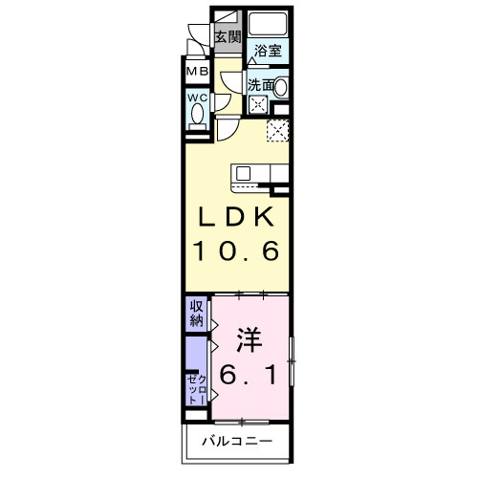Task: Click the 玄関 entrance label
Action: click(227, 37)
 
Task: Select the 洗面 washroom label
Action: click(261, 86)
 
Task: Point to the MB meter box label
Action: click(197, 72)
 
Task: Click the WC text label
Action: click(197, 98)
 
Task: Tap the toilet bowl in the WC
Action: click(198, 116)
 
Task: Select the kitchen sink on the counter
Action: click(243, 173)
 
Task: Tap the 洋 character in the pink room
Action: click(250, 338)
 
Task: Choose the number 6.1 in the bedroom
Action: click(250, 375)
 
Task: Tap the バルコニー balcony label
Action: click(238, 442)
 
